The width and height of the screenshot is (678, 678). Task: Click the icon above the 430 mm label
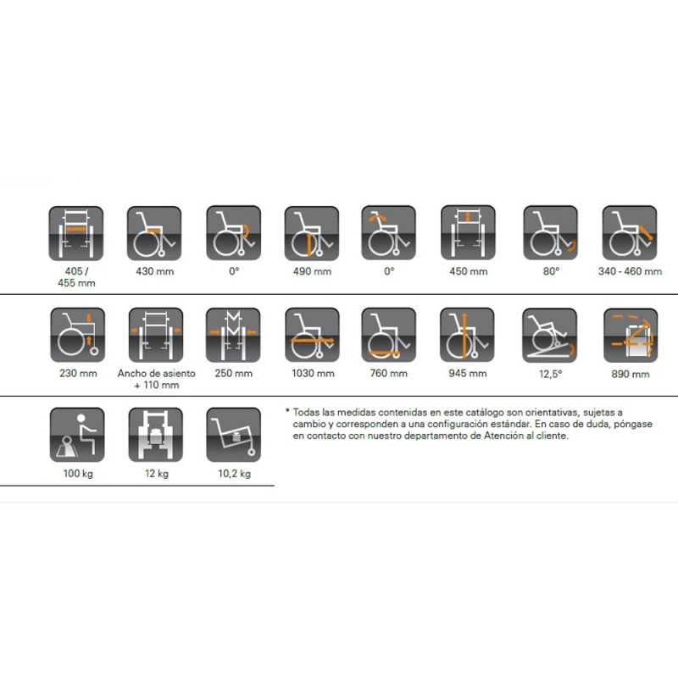pos(154,234)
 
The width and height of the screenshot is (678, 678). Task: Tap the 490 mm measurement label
pos(312,271)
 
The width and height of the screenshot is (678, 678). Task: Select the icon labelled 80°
pos(550,233)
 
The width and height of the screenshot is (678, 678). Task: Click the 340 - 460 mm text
pos(630,271)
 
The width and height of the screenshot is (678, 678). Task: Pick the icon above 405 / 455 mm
pos(76,234)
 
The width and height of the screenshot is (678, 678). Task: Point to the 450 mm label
pos(469,271)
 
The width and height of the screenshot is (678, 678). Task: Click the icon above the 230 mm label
pos(78,335)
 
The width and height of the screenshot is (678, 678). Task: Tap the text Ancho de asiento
pos(157,373)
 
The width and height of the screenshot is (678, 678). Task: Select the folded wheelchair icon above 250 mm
pos(233,335)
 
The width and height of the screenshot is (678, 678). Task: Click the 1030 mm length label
pos(313,373)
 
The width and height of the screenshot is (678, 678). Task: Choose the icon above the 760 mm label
pos(389,335)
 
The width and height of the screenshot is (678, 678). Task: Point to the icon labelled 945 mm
pos(467,335)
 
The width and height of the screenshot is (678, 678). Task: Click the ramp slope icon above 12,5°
pos(549,336)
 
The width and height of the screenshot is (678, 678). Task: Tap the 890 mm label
pos(631,375)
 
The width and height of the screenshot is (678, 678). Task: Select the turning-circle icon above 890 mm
pos(631,336)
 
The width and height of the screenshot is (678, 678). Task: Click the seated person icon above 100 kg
pos(77,435)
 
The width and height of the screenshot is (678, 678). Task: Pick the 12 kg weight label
pos(157,474)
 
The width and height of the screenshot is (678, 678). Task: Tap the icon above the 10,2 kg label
pos(234,435)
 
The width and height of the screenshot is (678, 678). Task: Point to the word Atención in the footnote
pos(503,436)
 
